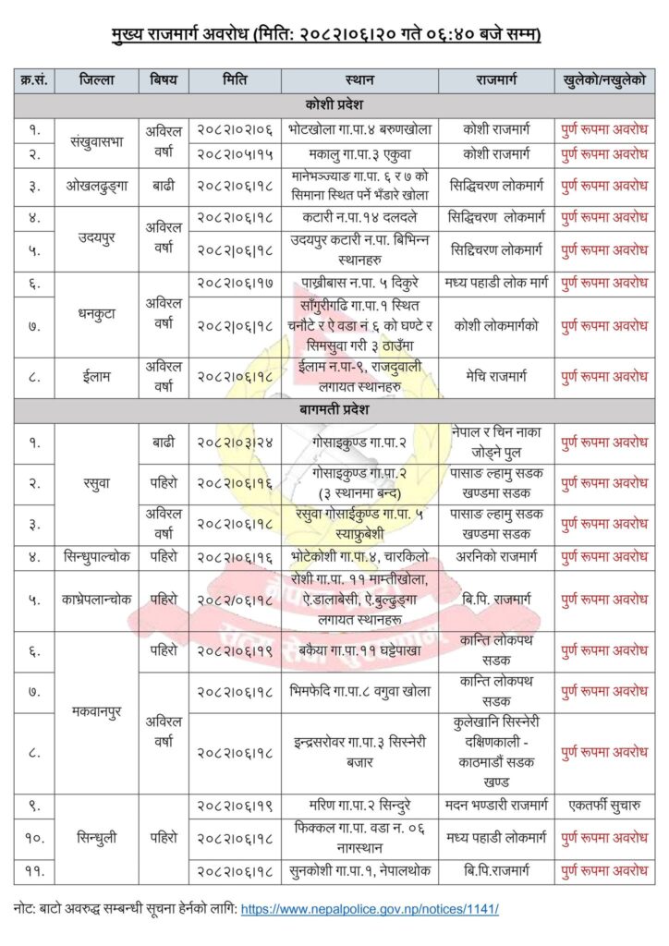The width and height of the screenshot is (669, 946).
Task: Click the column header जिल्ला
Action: (x=97, y=80)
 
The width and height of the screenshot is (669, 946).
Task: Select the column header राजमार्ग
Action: (x=494, y=80)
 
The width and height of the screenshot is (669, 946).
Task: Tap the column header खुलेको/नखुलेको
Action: (x=603, y=80)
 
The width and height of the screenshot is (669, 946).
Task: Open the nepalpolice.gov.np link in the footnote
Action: (x=370, y=909)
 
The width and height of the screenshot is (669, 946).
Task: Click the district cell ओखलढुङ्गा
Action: (x=97, y=186)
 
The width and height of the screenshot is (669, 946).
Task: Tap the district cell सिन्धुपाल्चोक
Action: (x=97, y=557)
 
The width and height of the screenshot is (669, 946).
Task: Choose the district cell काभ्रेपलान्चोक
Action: (x=97, y=600)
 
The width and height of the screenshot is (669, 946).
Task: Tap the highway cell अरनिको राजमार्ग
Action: (x=494, y=557)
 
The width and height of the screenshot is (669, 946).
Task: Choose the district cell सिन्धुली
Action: (x=97, y=838)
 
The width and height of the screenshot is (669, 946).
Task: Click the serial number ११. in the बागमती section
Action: (x=34, y=870)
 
